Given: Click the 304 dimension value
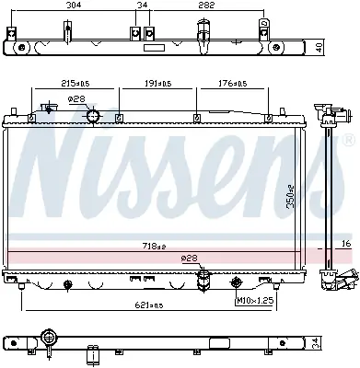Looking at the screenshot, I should (x=71, y=7).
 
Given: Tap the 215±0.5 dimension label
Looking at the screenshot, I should (x=70, y=84).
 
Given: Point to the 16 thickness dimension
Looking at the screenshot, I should (x=346, y=244).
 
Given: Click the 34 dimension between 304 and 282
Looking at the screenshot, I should (x=141, y=7).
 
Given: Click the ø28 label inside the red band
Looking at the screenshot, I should (x=190, y=259).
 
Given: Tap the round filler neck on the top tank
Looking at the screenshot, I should (x=93, y=115).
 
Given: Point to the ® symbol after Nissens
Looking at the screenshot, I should (x=347, y=138).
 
